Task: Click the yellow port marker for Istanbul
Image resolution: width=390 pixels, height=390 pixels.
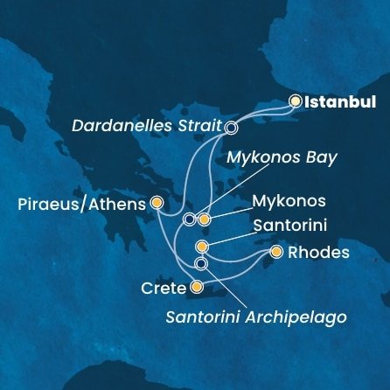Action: pos(296,101)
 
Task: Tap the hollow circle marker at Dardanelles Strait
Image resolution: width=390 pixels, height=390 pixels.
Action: pos(231,127)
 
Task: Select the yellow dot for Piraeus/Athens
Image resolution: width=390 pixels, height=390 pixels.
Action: pos(157,203)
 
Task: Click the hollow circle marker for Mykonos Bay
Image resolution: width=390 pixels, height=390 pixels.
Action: pos(189,219)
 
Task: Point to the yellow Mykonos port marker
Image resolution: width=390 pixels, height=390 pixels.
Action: pos(204,219)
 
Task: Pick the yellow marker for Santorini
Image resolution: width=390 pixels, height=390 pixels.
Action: pos(202,247)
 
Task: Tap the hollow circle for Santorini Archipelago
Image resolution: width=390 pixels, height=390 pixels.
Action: pos(201,263)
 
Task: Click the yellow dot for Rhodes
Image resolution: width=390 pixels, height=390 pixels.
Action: pos(276,253)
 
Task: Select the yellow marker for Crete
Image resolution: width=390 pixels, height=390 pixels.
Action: pos(197,286)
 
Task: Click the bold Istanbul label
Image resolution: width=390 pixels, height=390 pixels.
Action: pos(338,101)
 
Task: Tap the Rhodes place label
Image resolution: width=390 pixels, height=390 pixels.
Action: pos(313,254)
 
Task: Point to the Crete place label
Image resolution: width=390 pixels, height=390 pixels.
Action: pos(164,287)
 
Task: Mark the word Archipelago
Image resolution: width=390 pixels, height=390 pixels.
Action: pos(303,315)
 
